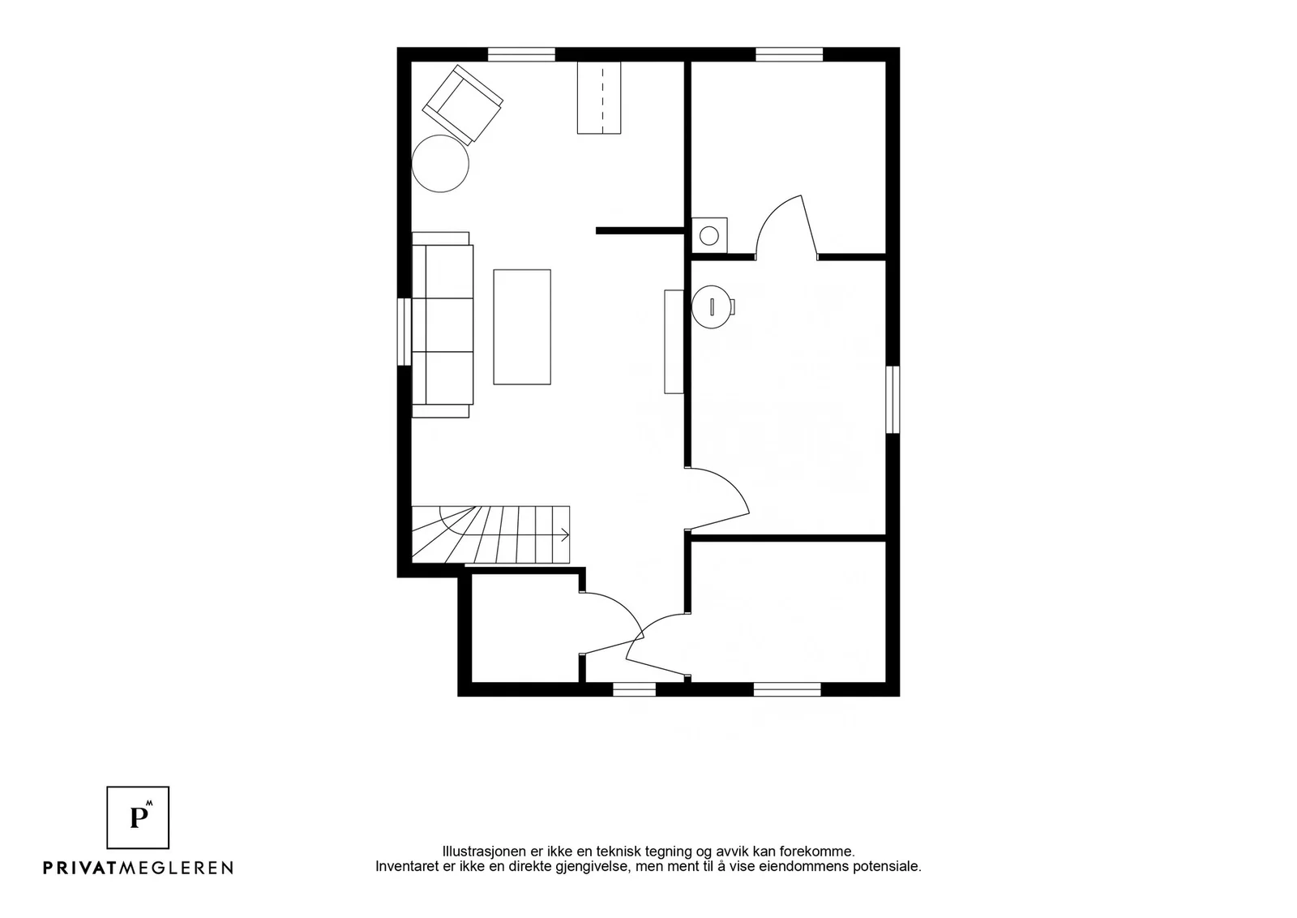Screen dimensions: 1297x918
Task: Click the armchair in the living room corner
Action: click(x=462, y=104)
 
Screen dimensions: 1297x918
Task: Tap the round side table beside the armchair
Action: click(x=440, y=163)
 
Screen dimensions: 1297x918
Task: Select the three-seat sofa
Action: click(x=443, y=325)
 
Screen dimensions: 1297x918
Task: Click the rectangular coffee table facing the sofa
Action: click(x=522, y=327)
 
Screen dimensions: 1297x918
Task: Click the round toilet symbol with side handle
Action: click(x=713, y=307)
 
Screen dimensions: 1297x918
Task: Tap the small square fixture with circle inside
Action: click(x=709, y=235)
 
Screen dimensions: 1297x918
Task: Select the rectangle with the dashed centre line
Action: click(x=599, y=98)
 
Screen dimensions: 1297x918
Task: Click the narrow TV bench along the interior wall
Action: click(x=674, y=341)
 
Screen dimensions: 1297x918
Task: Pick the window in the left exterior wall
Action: click(x=405, y=332)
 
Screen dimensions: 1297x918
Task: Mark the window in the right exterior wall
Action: click(x=892, y=400)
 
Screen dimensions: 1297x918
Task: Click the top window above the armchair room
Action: click(x=521, y=54)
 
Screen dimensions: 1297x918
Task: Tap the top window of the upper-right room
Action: click(x=790, y=54)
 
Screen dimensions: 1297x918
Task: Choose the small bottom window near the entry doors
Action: click(x=634, y=689)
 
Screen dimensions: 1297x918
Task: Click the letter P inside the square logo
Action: click(x=138, y=817)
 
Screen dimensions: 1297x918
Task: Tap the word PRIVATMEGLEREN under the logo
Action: click(x=138, y=868)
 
